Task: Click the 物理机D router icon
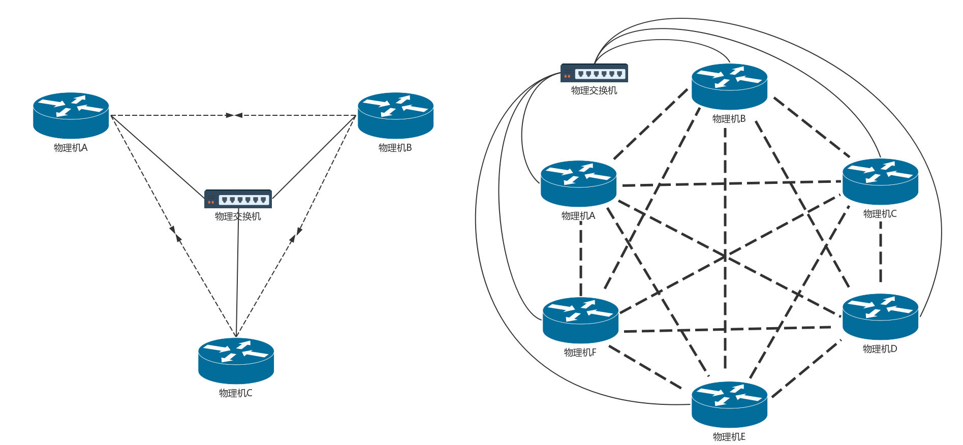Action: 880,316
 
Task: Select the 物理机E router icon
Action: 729,404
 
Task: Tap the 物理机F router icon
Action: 580,320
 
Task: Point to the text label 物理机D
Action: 880,349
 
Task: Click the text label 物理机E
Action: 729,437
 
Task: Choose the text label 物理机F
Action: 580,353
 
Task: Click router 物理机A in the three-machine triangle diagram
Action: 71,115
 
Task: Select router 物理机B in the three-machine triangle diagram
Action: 395,115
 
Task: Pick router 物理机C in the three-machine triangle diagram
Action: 236,361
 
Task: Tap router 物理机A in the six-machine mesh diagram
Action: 578,183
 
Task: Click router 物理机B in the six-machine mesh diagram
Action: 729,86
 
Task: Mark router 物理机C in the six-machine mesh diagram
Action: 880,181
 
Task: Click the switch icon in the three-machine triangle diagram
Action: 238,199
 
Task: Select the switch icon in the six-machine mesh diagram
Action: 594,73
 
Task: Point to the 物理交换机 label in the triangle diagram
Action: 238,216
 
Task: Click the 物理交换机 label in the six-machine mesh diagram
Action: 594,90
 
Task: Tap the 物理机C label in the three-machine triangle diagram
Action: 235,393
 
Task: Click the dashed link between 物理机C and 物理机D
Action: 881,252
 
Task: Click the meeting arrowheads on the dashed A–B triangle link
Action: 234,115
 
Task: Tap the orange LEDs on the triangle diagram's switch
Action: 211,202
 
